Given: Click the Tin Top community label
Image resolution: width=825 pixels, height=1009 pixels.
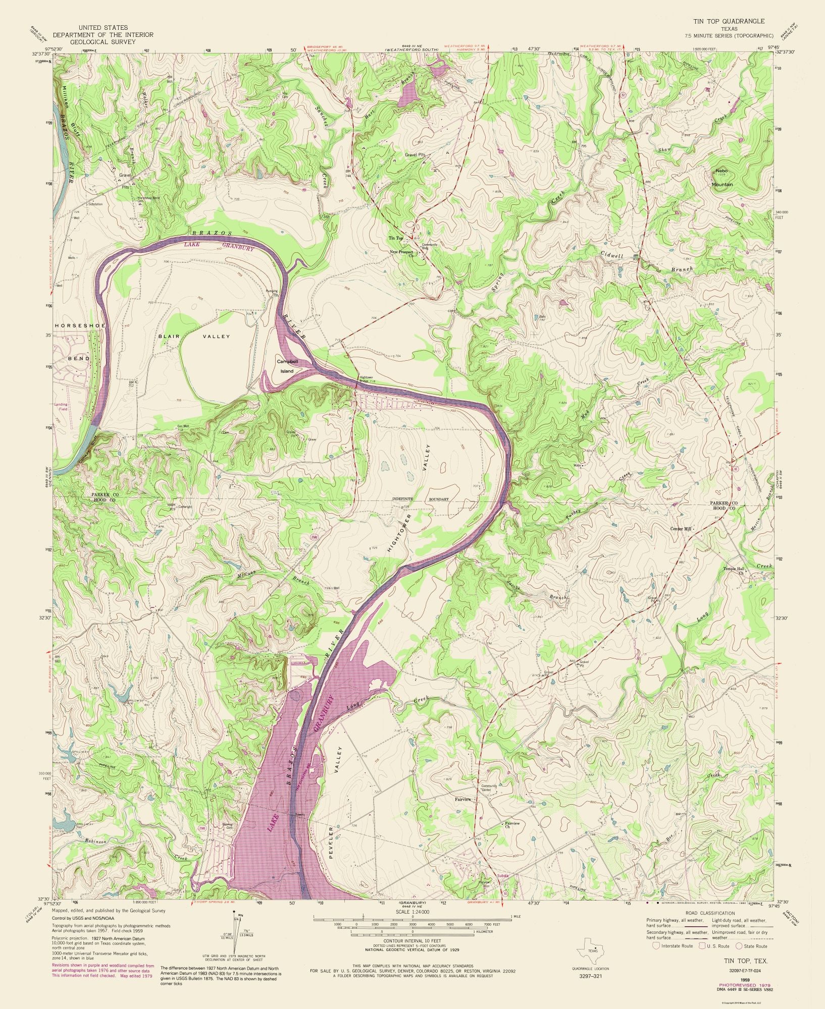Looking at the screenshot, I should coord(395,238).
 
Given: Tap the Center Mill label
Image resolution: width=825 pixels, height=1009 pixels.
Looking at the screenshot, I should coord(682,529).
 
